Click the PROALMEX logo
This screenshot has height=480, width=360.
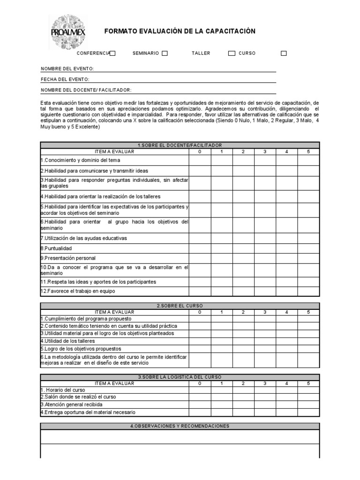[67, 32]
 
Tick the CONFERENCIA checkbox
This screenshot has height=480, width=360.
[113, 53]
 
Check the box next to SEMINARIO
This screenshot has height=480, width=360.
[165, 53]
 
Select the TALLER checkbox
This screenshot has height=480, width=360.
[232, 53]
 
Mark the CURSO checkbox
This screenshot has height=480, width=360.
[284, 53]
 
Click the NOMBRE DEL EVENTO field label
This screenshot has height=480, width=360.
[67, 69]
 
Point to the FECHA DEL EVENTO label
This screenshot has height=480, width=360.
[65, 80]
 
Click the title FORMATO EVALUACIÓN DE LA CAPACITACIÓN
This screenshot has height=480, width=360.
[180, 31]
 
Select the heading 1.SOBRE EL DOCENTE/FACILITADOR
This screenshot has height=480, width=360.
[180, 145]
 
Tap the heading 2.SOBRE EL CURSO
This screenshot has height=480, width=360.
[180, 306]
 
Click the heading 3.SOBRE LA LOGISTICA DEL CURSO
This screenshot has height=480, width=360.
[180, 377]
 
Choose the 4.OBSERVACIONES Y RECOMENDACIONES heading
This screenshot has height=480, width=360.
[180, 426]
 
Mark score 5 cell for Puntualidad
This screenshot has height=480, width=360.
[308, 248]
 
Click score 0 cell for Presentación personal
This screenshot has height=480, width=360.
[200, 258]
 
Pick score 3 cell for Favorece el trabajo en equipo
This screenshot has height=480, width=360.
[265, 291]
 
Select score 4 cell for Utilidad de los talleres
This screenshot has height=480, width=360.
[286, 341]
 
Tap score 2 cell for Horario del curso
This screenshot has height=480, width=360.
[243, 390]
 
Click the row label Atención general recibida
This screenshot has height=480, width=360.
[71, 405]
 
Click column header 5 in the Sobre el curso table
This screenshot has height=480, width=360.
[308, 312]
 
